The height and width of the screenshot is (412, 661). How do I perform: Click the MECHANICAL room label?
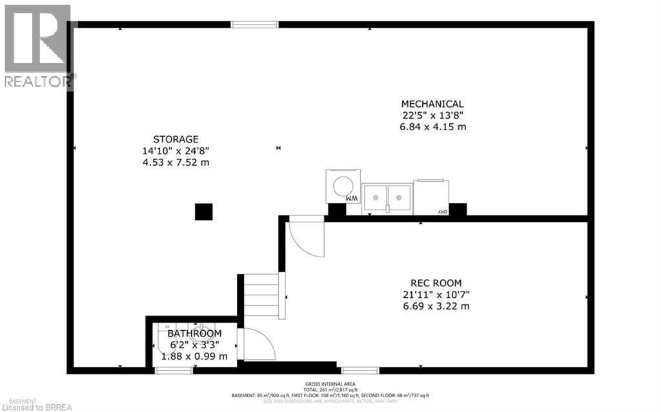tap(432, 104)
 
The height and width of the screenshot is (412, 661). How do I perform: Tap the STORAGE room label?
tap(176, 139)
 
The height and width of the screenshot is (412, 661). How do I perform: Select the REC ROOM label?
tap(436, 282)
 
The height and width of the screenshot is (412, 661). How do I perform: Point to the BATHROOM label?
tap(194, 333)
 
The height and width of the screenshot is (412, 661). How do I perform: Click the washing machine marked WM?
tap(342, 186)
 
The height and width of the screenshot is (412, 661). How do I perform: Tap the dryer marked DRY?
tap(431, 197)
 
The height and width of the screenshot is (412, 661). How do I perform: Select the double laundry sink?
tap(387, 197)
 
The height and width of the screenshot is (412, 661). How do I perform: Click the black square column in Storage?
tap(204, 211)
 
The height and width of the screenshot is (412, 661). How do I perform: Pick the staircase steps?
tap(261, 295)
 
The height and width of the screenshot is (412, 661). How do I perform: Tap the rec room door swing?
tap(305, 238)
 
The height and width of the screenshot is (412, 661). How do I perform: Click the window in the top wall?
tap(255, 25)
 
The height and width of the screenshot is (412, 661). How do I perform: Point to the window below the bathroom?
tap(174, 370)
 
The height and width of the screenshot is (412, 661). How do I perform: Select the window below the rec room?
tap(360, 370)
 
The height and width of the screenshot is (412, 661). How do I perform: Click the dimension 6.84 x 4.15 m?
tap(432, 127)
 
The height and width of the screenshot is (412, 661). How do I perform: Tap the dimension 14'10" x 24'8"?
tap(176, 151)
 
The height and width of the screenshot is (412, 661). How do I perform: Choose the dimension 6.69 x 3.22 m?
tap(436, 306)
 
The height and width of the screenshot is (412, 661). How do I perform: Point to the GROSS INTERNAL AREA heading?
tap(330, 383)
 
